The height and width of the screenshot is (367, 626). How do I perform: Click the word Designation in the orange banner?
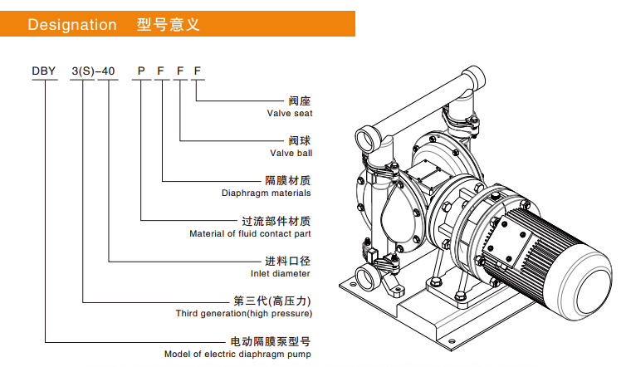(72, 25)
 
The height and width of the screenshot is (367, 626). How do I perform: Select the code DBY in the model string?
(43, 72)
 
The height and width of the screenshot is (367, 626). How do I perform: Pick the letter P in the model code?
(140, 72)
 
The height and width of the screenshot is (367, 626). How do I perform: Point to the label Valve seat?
(290, 113)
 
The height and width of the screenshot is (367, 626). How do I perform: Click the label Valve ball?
(291, 153)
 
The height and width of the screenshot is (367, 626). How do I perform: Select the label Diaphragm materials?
(266, 193)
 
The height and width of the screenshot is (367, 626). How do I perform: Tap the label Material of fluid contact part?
(250, 233)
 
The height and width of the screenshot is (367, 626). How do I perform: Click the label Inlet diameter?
(280, 273)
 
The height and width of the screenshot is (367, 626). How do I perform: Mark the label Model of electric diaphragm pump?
(237, 354)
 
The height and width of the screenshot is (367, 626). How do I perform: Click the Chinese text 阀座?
(299, 100)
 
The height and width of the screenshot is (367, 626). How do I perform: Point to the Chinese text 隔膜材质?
(288, 180)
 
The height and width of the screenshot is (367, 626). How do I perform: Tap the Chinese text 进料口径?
(288, 261)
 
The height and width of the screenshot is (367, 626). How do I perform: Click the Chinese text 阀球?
(299, 140)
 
